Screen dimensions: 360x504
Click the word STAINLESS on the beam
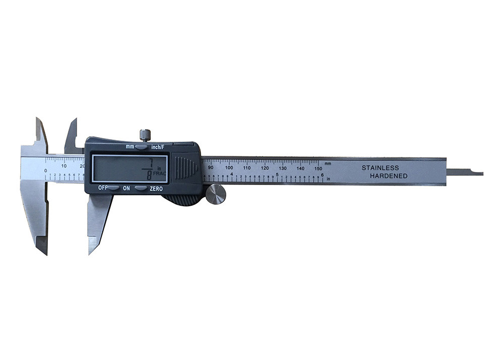[380, 168]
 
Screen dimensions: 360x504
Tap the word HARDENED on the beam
[389, 176]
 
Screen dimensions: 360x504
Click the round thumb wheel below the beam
[216, 194]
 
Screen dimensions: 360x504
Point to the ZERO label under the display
[155, 188]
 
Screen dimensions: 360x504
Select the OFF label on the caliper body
[103, 188]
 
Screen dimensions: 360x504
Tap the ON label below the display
[127, 188]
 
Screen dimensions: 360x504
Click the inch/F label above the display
[161, 147]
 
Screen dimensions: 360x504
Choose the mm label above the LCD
[130, 147]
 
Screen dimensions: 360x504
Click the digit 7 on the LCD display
[150, 161]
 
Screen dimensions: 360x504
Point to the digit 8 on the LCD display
[149, 175]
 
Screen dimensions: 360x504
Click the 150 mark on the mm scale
[318, 168]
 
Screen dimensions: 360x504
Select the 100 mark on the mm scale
[229, 168]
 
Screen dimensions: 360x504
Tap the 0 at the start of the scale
[46, 171]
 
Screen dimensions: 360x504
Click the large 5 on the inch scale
[277, 174]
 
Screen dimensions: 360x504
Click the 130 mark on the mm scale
[283, 168]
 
